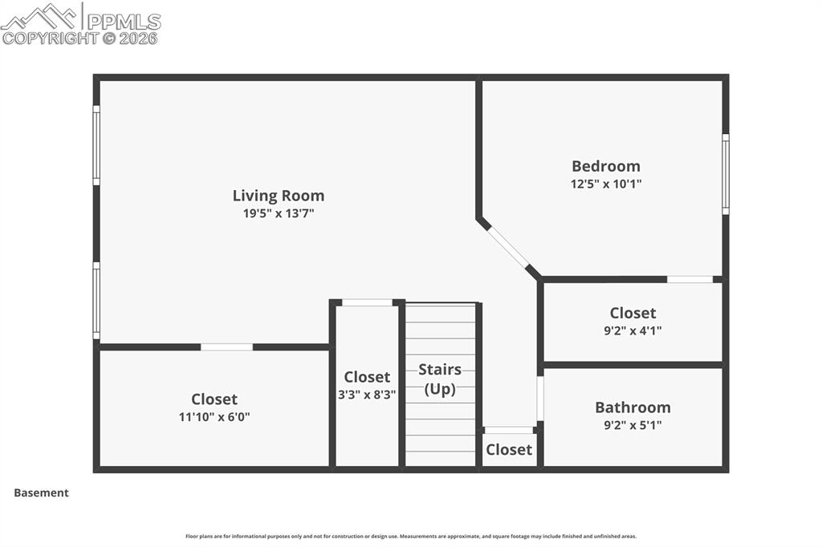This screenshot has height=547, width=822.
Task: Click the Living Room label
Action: point(278,195)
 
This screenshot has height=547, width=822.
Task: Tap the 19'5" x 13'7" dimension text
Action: point(278,213)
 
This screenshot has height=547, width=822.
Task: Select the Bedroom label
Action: point(605,166)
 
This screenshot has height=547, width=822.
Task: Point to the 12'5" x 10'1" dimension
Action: point(605,184)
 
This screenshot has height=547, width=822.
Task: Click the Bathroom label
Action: point(633,407)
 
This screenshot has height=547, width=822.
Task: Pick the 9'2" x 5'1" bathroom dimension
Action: point(633,425)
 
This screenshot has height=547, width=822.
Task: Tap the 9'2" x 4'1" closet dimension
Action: point(633,330)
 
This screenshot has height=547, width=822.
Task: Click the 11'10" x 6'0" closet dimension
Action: point(214,417)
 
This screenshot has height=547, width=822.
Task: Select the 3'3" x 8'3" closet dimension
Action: point(367,395)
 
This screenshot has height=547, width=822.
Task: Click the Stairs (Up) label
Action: point(440,379)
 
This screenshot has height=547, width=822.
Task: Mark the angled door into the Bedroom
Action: point(509,248)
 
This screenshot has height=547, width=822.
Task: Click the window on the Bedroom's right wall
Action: point(725,174)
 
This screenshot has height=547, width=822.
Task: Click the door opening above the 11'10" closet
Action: point(226,347)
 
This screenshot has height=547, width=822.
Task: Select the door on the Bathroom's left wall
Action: point(540,399)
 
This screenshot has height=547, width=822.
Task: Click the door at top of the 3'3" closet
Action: point(367,302)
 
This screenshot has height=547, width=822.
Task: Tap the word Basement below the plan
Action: point(41,493)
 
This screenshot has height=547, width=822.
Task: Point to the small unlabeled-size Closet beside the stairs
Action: point(509,450)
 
